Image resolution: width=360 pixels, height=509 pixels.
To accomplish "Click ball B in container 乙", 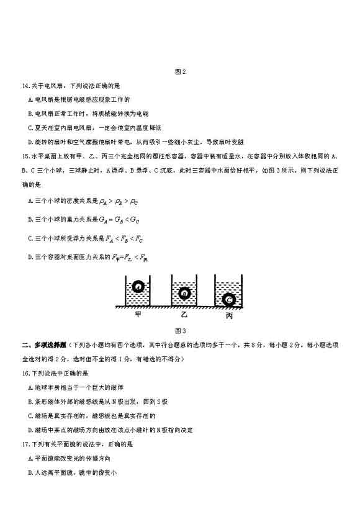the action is point(184,294).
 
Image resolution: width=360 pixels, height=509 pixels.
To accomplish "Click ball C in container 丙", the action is point(229,300).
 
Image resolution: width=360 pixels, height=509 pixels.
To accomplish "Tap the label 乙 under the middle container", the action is point(184,315).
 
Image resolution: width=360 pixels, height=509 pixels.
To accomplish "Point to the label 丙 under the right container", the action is point(229,316).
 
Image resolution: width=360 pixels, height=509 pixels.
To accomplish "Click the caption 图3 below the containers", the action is point(181,330).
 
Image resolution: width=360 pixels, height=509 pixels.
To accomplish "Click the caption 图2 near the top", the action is point(181,71).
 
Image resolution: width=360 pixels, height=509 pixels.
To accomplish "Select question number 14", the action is point(25,85).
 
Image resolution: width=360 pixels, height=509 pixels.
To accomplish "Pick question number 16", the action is point(25,373).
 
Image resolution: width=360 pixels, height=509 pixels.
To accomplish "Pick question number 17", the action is point(25,444).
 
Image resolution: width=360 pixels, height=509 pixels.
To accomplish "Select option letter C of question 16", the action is point(30,416).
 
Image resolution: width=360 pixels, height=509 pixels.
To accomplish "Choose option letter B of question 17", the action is point(30,472).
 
